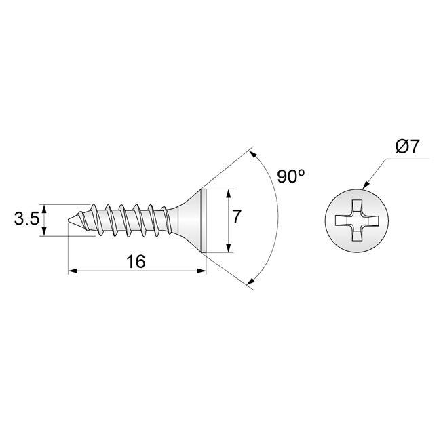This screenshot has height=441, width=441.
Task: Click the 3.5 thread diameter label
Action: pos(26,219)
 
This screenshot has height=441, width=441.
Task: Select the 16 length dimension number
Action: pos(136,262)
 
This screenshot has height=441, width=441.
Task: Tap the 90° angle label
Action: pos(290,176)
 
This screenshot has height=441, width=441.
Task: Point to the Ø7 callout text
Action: pos(407,147)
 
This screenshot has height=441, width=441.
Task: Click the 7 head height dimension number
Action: pos(237,217)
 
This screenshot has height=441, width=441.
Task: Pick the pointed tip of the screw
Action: pos(69,220)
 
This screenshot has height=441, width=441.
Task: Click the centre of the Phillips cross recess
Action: pos(357,220)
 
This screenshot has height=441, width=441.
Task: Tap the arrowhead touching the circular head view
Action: pos(366,185)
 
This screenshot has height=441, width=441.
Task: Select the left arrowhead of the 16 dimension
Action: pos(73,271)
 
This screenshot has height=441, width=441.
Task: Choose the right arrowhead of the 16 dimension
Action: pos(202,271)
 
